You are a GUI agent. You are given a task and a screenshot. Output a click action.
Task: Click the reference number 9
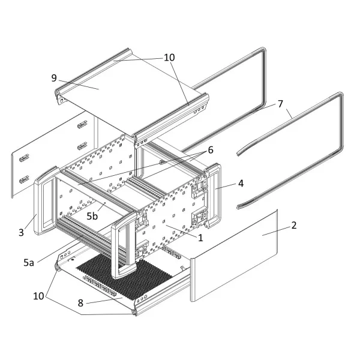pos(54,78)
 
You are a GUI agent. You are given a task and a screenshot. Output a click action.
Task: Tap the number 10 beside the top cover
pos(169,58)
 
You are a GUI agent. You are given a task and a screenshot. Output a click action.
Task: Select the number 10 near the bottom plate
pos(38,296)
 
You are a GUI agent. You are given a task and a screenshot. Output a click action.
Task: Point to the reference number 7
pos(280,104)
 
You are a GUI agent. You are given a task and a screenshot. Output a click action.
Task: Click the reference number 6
pos(211,150)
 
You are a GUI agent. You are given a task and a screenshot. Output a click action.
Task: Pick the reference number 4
pos(241,183)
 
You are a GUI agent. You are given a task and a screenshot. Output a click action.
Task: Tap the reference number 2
pos(294,225)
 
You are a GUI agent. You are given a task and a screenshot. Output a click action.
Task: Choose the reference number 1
pos(200,238)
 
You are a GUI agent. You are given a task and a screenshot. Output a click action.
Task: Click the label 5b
pos(92,216)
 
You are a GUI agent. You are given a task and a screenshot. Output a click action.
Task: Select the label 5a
pos(29,263)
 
